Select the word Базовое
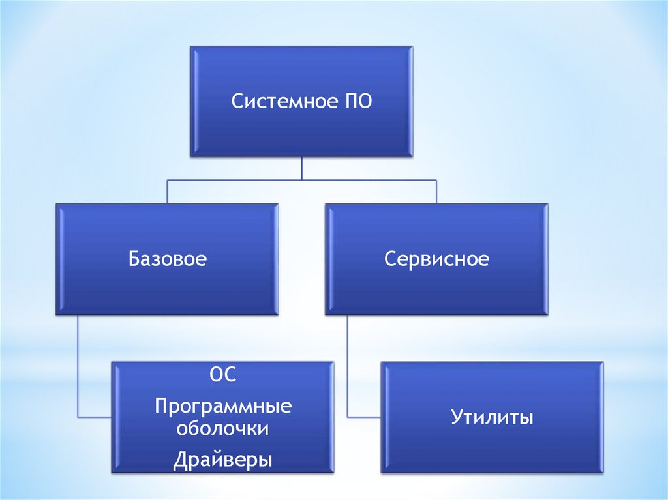[x=168, y=259]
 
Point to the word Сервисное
[x=436, y=259]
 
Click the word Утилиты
[x=492, y=417]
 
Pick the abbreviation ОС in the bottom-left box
[x=222, y=377]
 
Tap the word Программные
[x=223, y=407]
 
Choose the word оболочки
[x=223, y=429]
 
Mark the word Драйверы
[x=223, y=460]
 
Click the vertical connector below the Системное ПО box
[x=301, y=168]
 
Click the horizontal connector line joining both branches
[x=301, y=180]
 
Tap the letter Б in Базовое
[x=133, y=259]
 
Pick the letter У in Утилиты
[x=455, y=417]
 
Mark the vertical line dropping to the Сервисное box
[x=436, y=192]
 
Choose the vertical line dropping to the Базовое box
[x=167, y=192]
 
